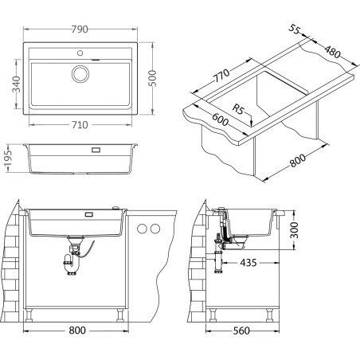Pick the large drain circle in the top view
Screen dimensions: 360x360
(x=80, y=74)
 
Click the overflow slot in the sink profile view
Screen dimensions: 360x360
(x=95, y=149)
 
